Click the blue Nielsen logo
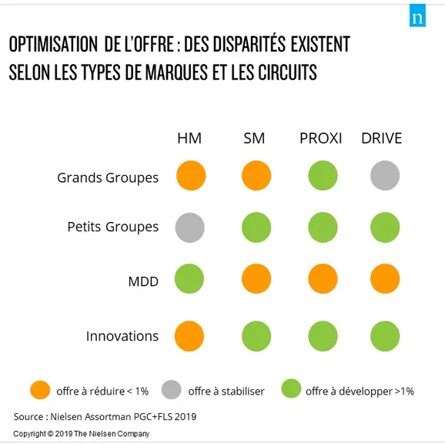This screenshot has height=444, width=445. click(x=417, y=15)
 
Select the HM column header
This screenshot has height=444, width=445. click(x=189, y=138)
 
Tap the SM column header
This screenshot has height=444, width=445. click(x=254, y=138)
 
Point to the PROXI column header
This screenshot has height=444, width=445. click(x=321, y=138)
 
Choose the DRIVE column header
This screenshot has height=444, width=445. click(x=381, y=138)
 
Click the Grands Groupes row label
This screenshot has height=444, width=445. click(x=108, y=178)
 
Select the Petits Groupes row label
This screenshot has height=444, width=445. click(x=112, y=227)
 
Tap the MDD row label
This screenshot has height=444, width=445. click(x=143, y=281)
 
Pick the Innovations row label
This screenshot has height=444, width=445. click(x=122, y=336)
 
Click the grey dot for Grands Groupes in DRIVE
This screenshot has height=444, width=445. click(x=385, y=175)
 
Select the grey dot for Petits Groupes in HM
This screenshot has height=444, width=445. click(x=190, y=227)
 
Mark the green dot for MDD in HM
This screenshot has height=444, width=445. click(x=189, y=279)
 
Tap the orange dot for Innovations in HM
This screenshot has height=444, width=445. click(x=189, y=336)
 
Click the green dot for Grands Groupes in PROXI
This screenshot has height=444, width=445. click(x=323, y=175)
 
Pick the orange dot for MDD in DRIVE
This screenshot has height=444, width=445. click(x=385, y=279)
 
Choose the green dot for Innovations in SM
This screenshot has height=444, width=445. click(x=256, y=336)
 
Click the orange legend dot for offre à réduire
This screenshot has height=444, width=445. click(x=40, y=390)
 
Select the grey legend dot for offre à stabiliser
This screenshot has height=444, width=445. click(x=171, y=390)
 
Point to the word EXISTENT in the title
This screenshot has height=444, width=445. click(x=320, y=45)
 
